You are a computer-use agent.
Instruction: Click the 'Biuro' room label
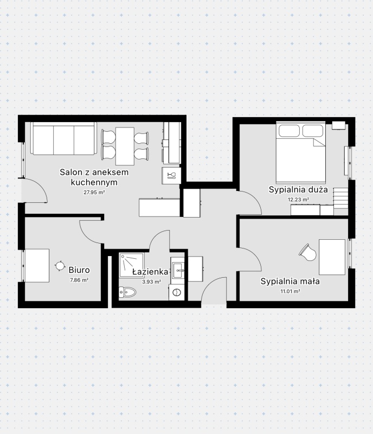(x=79, y=269)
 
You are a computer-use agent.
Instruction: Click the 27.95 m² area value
(x=94, y=192)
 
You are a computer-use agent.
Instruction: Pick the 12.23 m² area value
(x=298, y=199)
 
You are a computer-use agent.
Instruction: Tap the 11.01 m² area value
(x=290, y=291)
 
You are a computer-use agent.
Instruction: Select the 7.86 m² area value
(x=79, y=280)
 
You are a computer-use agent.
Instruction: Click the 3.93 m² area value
(x=151, y=282)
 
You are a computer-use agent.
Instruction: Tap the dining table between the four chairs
(x=125, y=145)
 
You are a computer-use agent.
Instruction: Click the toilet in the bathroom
(x=128, y=293)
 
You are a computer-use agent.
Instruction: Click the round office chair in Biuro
(x=60, y=265)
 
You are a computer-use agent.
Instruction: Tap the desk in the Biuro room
(x=37, y=265)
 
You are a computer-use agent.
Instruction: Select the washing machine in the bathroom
(x=177, y=293)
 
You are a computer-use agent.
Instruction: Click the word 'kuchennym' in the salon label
(x=94, y=182)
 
